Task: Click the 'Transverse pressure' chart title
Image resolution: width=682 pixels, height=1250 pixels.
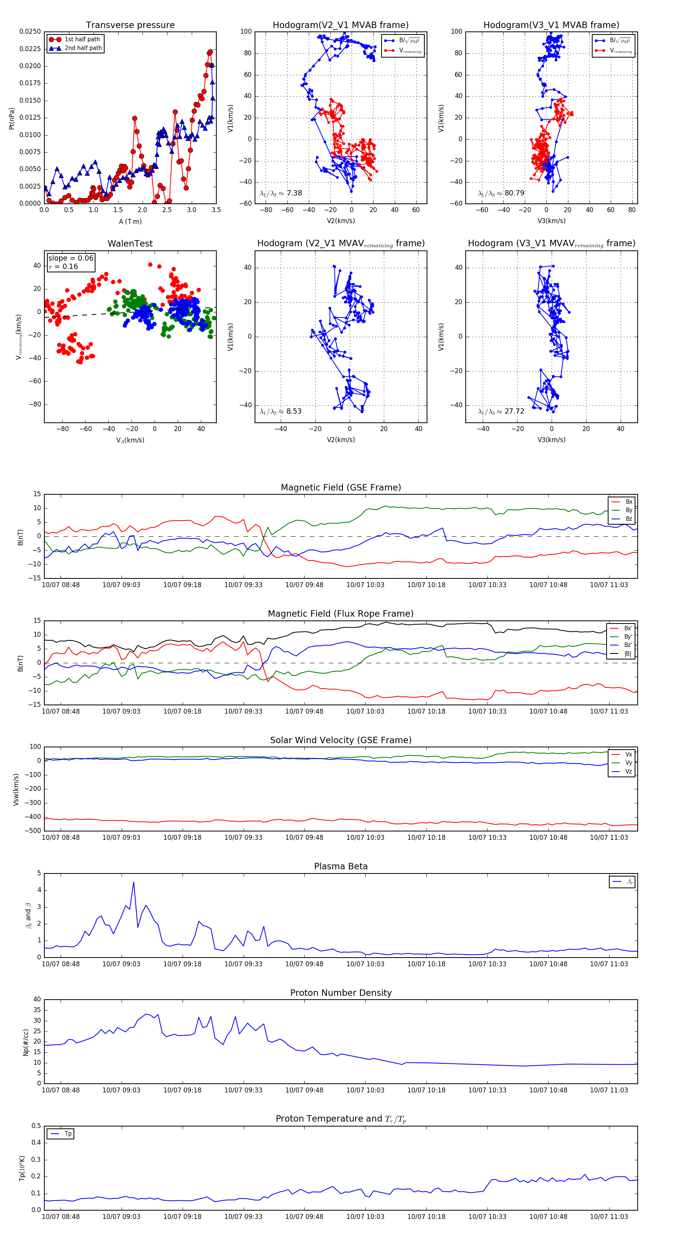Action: pyautogui.click(x=130, y=25)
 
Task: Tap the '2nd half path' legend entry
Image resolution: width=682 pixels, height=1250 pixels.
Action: pyautogui.click(x=83, y=48)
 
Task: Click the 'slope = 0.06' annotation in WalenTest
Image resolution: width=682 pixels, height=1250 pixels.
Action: pyautogui.click(x=70, y=258)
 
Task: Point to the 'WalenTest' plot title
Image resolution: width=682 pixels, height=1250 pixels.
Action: pyautogui.click(x=130, y=244)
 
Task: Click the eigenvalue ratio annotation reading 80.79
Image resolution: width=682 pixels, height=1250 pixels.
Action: pyautogui.click(x=501, y=193)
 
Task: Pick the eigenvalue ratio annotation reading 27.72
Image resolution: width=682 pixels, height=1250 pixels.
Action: pyautogui.click(x=501, y=411)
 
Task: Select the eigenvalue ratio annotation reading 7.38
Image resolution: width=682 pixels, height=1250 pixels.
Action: pyautogui.click(x=280, y=193)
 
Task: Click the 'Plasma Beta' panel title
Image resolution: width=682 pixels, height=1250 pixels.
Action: pyautogui.click(x=341, y=866)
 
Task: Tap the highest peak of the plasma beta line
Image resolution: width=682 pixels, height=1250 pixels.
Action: pyautogui.click(x=133, y=882)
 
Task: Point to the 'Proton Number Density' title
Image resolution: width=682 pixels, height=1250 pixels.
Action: pyautogui.click(x=341, y=993)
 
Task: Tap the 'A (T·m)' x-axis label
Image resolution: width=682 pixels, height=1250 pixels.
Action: pyautogui.click(x=130, y=221)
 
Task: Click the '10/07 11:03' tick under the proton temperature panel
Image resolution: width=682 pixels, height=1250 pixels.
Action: pyautogui.click(x=609, y=1217)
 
